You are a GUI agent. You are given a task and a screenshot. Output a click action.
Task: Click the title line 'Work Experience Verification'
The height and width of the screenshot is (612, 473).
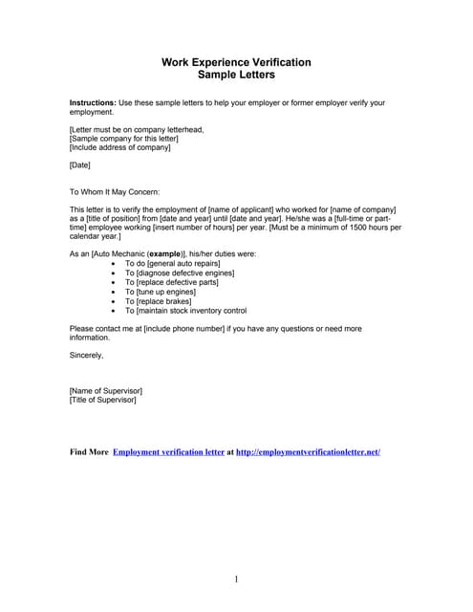click(236, 62)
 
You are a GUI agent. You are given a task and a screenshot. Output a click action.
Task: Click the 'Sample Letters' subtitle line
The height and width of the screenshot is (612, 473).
click(236, 75)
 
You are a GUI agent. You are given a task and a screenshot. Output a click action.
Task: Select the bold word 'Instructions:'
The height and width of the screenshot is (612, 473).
click(93, 102)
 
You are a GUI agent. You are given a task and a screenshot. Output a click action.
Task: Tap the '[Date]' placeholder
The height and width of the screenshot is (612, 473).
click(80, 165)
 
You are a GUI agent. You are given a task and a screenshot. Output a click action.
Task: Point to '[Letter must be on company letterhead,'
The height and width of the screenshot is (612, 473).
click(137, 129)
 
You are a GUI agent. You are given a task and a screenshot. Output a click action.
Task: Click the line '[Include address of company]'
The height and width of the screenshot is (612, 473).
click(120, 147)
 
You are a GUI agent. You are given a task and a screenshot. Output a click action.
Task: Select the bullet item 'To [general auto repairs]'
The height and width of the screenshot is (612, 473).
click(172, 263)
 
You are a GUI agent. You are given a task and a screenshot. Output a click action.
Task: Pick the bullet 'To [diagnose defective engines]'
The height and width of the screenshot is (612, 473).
click(180, 273)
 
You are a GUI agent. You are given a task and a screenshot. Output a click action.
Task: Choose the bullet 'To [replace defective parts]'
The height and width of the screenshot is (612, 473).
click(172, 282)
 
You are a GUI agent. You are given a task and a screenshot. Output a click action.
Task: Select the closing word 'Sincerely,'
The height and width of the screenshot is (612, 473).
click(87, 355)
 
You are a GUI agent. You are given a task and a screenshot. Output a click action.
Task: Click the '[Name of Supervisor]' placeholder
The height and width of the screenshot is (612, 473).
click(106, 390)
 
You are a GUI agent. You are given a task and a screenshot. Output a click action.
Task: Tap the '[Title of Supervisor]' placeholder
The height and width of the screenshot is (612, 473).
click(103, 400)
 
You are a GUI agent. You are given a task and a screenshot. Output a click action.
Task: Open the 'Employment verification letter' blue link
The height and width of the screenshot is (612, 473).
click(168, 451)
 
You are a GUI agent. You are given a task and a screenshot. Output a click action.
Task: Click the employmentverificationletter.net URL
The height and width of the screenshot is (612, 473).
click(308, 451)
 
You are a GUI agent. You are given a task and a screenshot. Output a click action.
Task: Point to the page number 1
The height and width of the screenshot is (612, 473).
click(236, 579)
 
